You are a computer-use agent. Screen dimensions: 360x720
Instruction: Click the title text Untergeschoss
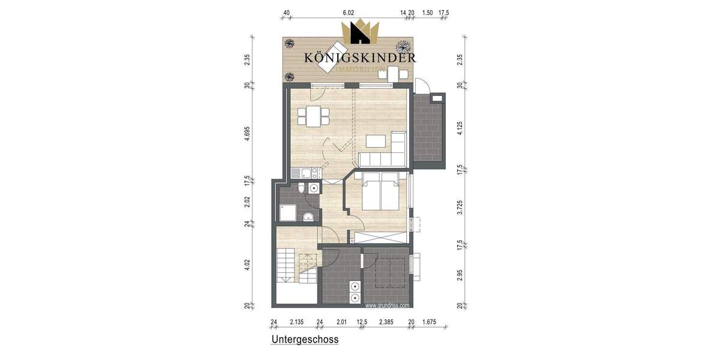point(305,340)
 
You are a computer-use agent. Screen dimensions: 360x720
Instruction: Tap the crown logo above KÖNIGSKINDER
point(360,33)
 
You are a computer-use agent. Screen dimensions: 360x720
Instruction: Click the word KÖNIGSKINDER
point(360,58)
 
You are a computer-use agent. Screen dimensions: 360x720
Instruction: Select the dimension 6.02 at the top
point(349,12)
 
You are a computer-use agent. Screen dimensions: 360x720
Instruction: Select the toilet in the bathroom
point(301,190)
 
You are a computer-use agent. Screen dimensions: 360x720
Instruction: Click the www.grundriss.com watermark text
point(387,305)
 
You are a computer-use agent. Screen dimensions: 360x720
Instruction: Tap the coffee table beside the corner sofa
point(376,141)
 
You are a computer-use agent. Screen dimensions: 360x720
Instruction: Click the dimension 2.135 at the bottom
point(296,322)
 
